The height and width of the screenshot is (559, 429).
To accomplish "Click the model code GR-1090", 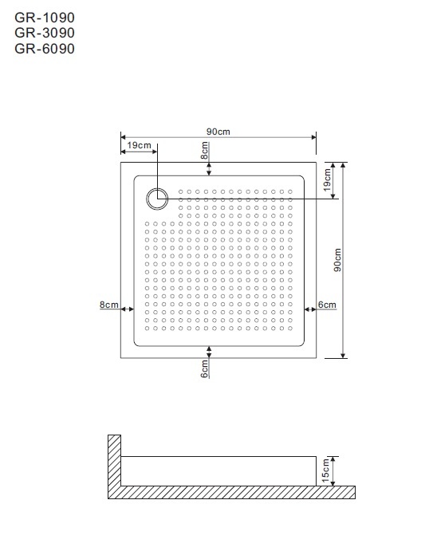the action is click(x=45, y=18).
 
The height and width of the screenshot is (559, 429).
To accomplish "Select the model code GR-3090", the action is click(x=45, y=33).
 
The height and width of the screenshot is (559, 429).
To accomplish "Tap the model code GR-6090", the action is click(x=45, y=49).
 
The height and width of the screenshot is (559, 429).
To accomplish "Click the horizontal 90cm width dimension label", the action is click(x=218, y=132).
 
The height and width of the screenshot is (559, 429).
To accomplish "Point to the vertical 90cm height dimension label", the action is click(x=337, y=260).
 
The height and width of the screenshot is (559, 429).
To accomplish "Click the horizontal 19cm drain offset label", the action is click(x=139, y=145).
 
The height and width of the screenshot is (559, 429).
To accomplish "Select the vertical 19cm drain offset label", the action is click(x=327, y=179).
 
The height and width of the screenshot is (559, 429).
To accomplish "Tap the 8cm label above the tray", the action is click(x=204, y=151).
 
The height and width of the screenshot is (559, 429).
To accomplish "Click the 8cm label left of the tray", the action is click(x=109, y=305).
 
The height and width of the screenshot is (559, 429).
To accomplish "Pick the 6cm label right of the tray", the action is click(x=327, y=305).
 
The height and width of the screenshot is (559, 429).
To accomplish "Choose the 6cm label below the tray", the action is click(x=204, y=368).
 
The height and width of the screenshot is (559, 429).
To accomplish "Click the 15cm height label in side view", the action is click(x=325, y=470).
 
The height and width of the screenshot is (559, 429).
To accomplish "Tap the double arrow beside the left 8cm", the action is click(x=128, y=309).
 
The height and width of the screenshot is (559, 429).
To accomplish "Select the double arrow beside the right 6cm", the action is click(x=310, y=309).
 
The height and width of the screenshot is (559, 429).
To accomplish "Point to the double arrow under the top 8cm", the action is click(x=209, y=169).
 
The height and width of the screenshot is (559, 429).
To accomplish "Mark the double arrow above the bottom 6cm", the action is click(x=209, y=352).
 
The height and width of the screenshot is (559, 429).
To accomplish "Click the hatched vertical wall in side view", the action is click(x=115, y=460).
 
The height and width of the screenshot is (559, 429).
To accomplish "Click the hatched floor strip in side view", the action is click(x=232, y=492).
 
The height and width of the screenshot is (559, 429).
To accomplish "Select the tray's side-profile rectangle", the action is click(x=218, y=456).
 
